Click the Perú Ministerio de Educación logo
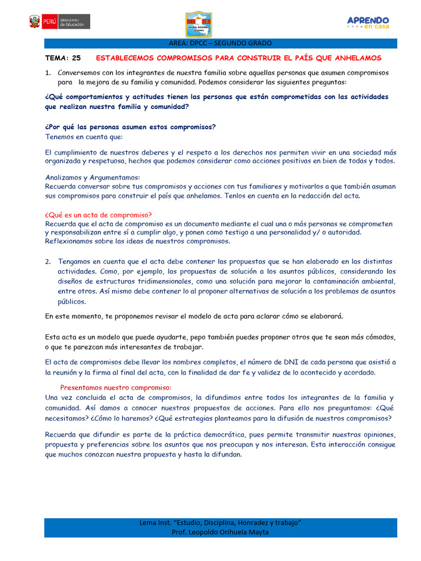(59, 22)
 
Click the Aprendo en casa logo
(368, 22)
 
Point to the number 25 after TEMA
(76, 58)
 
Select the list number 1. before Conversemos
(48, 73)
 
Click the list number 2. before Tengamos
(48, 262)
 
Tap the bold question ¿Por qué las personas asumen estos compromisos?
(130, 127)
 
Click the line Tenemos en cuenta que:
(84, 136)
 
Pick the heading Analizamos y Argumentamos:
(93, 178)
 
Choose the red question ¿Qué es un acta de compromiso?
(98, 215)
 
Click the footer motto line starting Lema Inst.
(220, 523)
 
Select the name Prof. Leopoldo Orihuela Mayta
(220, 532)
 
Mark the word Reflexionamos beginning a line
(71, 242)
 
